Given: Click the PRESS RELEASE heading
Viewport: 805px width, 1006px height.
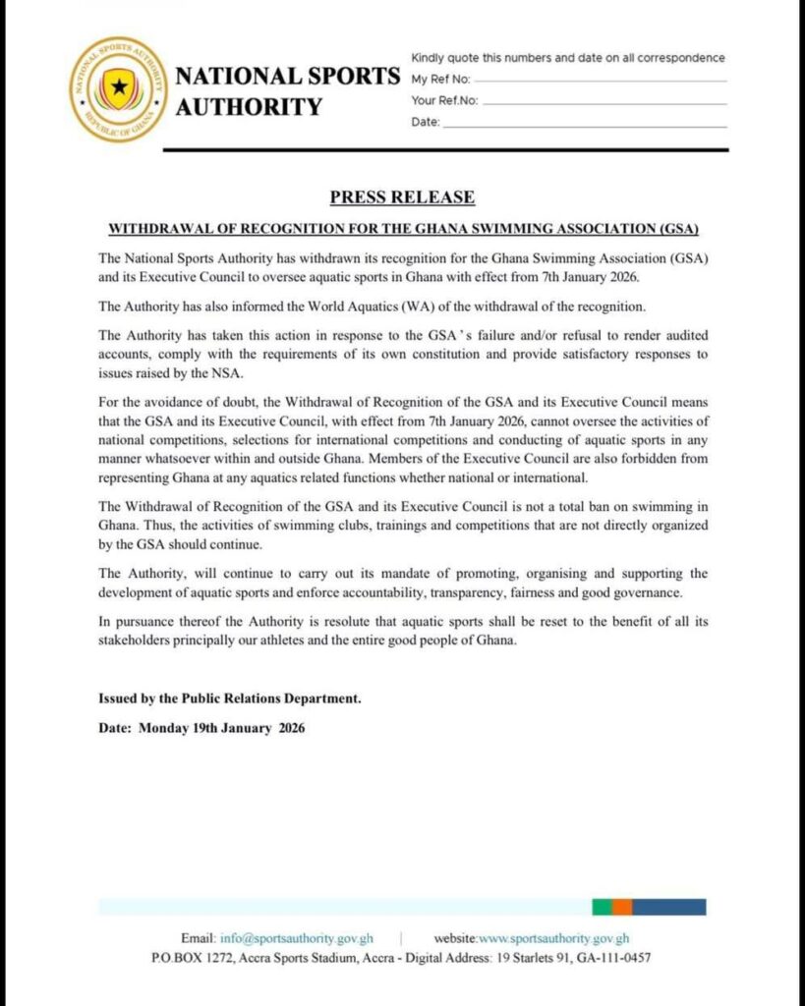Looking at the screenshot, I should click(402, 196).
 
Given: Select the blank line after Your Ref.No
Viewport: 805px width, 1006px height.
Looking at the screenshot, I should click(604, 101).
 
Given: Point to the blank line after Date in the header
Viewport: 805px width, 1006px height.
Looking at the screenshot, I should click(585, 125).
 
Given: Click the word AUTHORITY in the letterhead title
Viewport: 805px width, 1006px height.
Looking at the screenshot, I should click(249, 107).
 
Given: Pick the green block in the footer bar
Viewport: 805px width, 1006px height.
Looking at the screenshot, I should click(600, 907).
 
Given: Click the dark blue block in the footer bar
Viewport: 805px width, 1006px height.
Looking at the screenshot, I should click(668, 907).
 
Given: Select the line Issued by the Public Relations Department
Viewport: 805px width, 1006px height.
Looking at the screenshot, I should click(230, 699).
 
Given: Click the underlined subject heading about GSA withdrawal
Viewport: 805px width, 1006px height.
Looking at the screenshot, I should click(402, 229).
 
